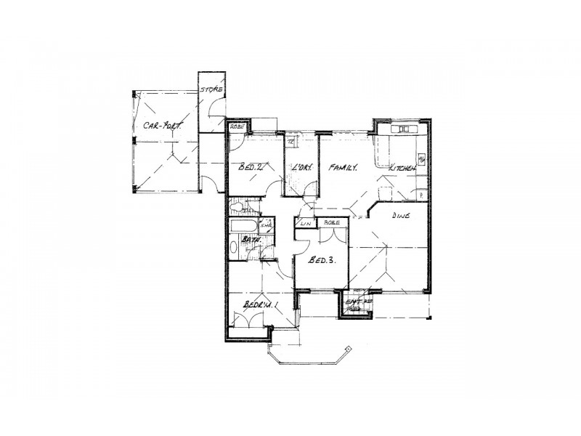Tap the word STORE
[x=211, y=90]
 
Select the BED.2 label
[x=250, y=169]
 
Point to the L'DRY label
[x=301, y=169]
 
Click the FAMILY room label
[x=343, y=168]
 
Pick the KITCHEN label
[x=403, y=169]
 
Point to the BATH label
[x=251, y=238]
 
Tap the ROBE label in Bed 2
[x=237, y=126]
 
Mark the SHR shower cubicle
[x=265, y=226]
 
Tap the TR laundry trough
[x=290, y=140]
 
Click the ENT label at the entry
[x=353, y=301]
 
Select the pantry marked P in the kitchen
[x=421, y=194]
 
